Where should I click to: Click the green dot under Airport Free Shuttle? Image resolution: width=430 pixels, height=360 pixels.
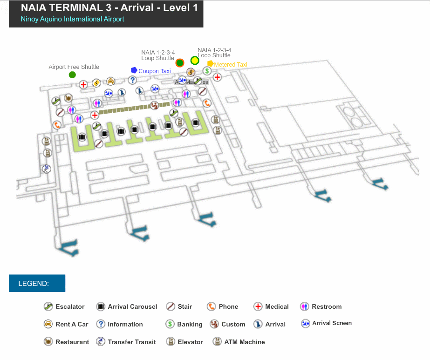(72, 75)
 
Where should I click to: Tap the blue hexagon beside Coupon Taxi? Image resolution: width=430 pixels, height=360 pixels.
(134, 70)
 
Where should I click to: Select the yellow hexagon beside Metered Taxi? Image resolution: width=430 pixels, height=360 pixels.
(211, 64)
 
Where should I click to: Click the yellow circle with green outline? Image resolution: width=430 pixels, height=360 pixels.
(195, 61)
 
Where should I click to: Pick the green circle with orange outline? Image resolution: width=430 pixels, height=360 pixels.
(180, 63)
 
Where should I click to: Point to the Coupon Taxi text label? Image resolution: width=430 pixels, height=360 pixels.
(155, 71)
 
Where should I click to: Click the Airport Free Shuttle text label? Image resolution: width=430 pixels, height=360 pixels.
(74, 67)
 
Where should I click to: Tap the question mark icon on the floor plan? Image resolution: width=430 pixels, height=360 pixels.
(132, 80)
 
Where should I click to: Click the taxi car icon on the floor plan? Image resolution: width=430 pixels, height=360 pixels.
(110, 81)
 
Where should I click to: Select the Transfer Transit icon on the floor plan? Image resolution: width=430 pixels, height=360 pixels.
(46, 169)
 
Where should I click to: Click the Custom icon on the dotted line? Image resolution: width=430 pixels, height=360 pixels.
(155, 106)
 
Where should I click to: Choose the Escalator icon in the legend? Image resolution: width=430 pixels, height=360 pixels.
(48, 306)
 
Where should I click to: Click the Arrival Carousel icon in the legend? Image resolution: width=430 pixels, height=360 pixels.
(100, 306)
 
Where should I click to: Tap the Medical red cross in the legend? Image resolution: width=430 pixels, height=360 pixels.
(258, 306)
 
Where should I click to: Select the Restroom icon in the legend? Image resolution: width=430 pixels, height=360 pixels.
(305, 306)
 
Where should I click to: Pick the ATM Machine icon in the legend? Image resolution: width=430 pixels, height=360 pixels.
(217, 342)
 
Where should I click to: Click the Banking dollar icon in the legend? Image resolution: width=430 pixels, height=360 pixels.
(170, 324)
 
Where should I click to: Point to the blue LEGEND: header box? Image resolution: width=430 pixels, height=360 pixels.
(37, 283)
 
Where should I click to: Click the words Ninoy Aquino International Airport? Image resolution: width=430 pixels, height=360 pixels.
(72, 19)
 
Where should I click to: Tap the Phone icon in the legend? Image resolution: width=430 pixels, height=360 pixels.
(211, 306)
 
